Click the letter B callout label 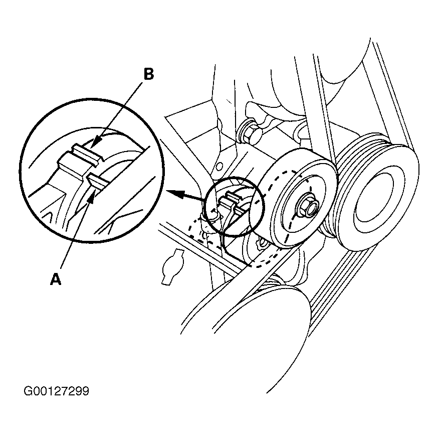[x=148, y=74]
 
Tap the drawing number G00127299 [x=56, y=391]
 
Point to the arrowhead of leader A [x=91, y=199]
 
